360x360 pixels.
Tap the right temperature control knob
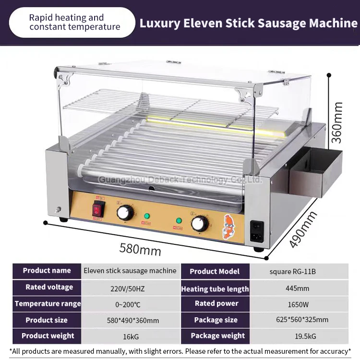[x=200, y=223]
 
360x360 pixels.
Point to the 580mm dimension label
[x=140, y=249]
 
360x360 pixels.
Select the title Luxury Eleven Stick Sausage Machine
[x=248, y=24]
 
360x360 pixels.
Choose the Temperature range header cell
[x=48, y=303]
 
